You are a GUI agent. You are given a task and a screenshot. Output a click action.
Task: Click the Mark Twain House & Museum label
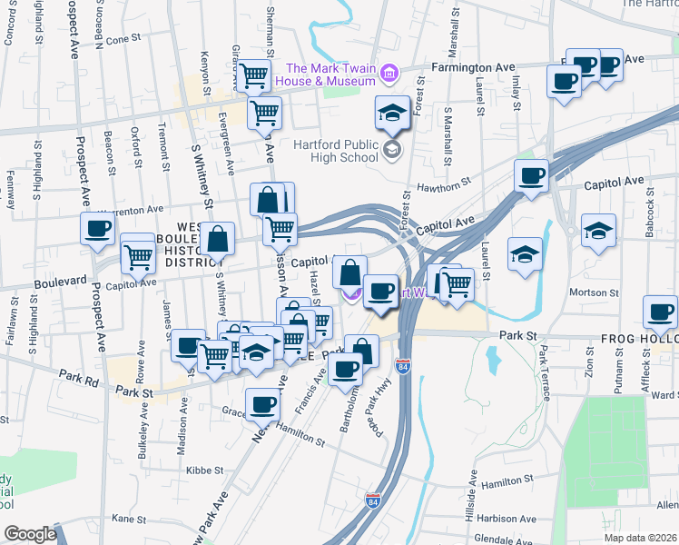click(x=331, y=74)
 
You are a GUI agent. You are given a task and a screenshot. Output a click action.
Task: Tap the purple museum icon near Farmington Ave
click(x=389, y=72)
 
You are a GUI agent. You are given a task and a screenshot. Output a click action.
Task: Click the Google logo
click(x=29, y=534)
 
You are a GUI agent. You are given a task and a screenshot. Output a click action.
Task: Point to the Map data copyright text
click(x=640, y=538)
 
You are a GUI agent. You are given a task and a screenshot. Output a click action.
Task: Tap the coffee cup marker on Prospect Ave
click(x=98, y=229)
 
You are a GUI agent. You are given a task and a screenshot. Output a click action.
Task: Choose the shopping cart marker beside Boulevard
click(x=138, y=257)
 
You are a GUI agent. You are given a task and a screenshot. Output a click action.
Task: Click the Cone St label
click(x=124, y=40)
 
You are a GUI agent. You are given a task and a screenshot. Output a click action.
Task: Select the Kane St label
click(x=129, y=520)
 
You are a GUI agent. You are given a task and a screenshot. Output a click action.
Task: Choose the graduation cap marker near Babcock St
click(x=599, y=230)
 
